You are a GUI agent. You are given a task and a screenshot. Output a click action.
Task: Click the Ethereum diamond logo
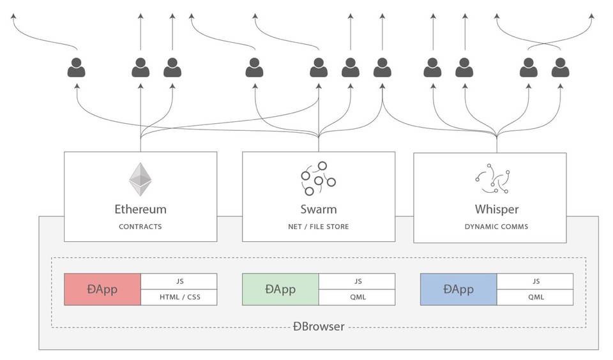click(140, 179)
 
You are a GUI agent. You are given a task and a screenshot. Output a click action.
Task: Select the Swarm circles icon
click(318, 178)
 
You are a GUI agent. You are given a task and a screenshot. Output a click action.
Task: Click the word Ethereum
click(140, 209)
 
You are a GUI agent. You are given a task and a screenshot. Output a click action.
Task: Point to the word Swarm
click(319, 209)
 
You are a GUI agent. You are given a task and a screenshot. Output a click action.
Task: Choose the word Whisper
click(497, 209)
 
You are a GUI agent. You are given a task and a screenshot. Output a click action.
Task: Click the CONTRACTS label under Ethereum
click(140, 227)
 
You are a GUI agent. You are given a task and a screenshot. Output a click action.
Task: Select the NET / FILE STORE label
click(319, 227)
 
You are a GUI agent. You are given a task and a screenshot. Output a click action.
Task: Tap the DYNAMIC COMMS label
click(497, 227)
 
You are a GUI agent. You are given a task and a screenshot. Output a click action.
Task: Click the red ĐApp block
click(102, 289)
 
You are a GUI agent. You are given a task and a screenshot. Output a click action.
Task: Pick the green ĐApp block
click(280, 289)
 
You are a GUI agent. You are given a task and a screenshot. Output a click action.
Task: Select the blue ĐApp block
click(458, 289)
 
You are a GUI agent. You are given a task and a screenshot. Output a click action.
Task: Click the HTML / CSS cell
click(179, 297)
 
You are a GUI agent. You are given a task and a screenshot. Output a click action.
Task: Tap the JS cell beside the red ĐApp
click(179, 281)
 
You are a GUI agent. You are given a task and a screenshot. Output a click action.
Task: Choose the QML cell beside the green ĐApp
click(357, 297)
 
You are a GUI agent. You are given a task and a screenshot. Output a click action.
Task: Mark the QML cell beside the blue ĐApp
click(535, 297)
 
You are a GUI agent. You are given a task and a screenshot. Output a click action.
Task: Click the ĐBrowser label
click(319, 327)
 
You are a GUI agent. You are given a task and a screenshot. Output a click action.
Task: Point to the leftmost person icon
click(77, 68)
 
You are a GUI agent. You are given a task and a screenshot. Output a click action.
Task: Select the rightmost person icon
click(560, 68)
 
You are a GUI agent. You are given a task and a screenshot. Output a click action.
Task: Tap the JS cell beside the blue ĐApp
click(535, 281)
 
